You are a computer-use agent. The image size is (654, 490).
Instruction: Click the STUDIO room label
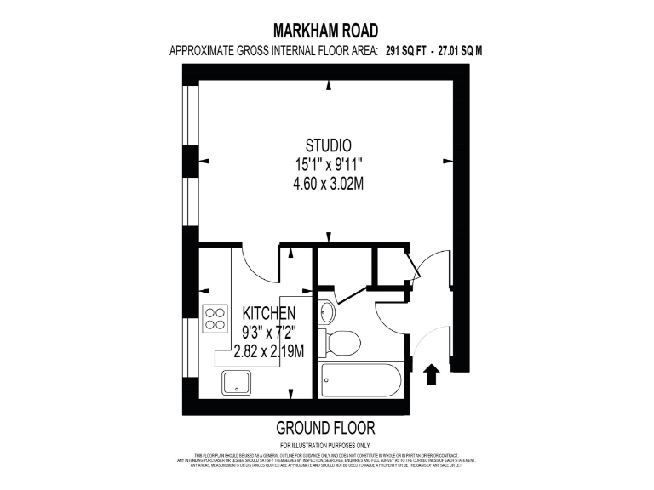pos(329,145)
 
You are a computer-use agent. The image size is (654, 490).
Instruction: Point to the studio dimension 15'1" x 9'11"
pos(329,164)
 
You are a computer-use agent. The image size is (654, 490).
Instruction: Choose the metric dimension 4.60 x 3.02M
pos(329,184)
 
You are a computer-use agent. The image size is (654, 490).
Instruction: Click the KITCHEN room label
pos(269,314)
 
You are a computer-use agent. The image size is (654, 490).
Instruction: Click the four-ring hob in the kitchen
pos(215,319)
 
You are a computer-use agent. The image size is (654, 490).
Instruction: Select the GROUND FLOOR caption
pos(325,428)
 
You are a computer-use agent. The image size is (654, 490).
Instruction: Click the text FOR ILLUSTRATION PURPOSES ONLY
pos(325,445)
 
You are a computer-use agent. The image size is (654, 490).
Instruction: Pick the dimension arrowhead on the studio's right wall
pos(446,160)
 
